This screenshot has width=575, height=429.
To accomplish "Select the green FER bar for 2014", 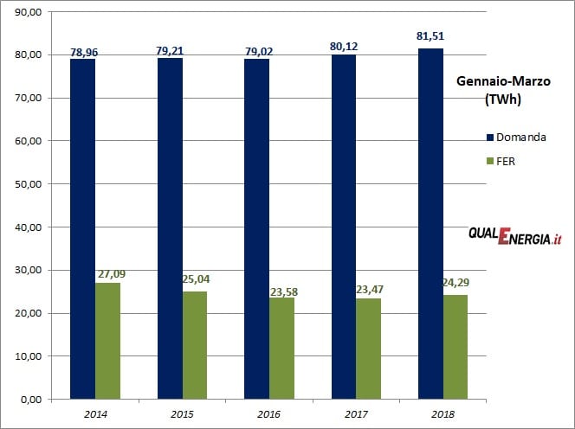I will coord(107,341).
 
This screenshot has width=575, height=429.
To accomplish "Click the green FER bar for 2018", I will coord(455,347).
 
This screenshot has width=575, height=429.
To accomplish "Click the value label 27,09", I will coord(107,274).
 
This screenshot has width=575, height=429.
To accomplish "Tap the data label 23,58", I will coord(281,290).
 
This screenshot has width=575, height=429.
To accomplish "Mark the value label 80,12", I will coord(344,45).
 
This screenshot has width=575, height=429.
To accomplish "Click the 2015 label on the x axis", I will coord(182,413).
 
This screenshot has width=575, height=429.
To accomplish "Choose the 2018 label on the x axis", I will coord(443,413).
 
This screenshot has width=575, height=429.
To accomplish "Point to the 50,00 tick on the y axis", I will coord(28,184).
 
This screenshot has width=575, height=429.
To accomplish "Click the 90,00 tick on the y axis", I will coord(28,11).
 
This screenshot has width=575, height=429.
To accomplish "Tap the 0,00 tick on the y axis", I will coord(30,400).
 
